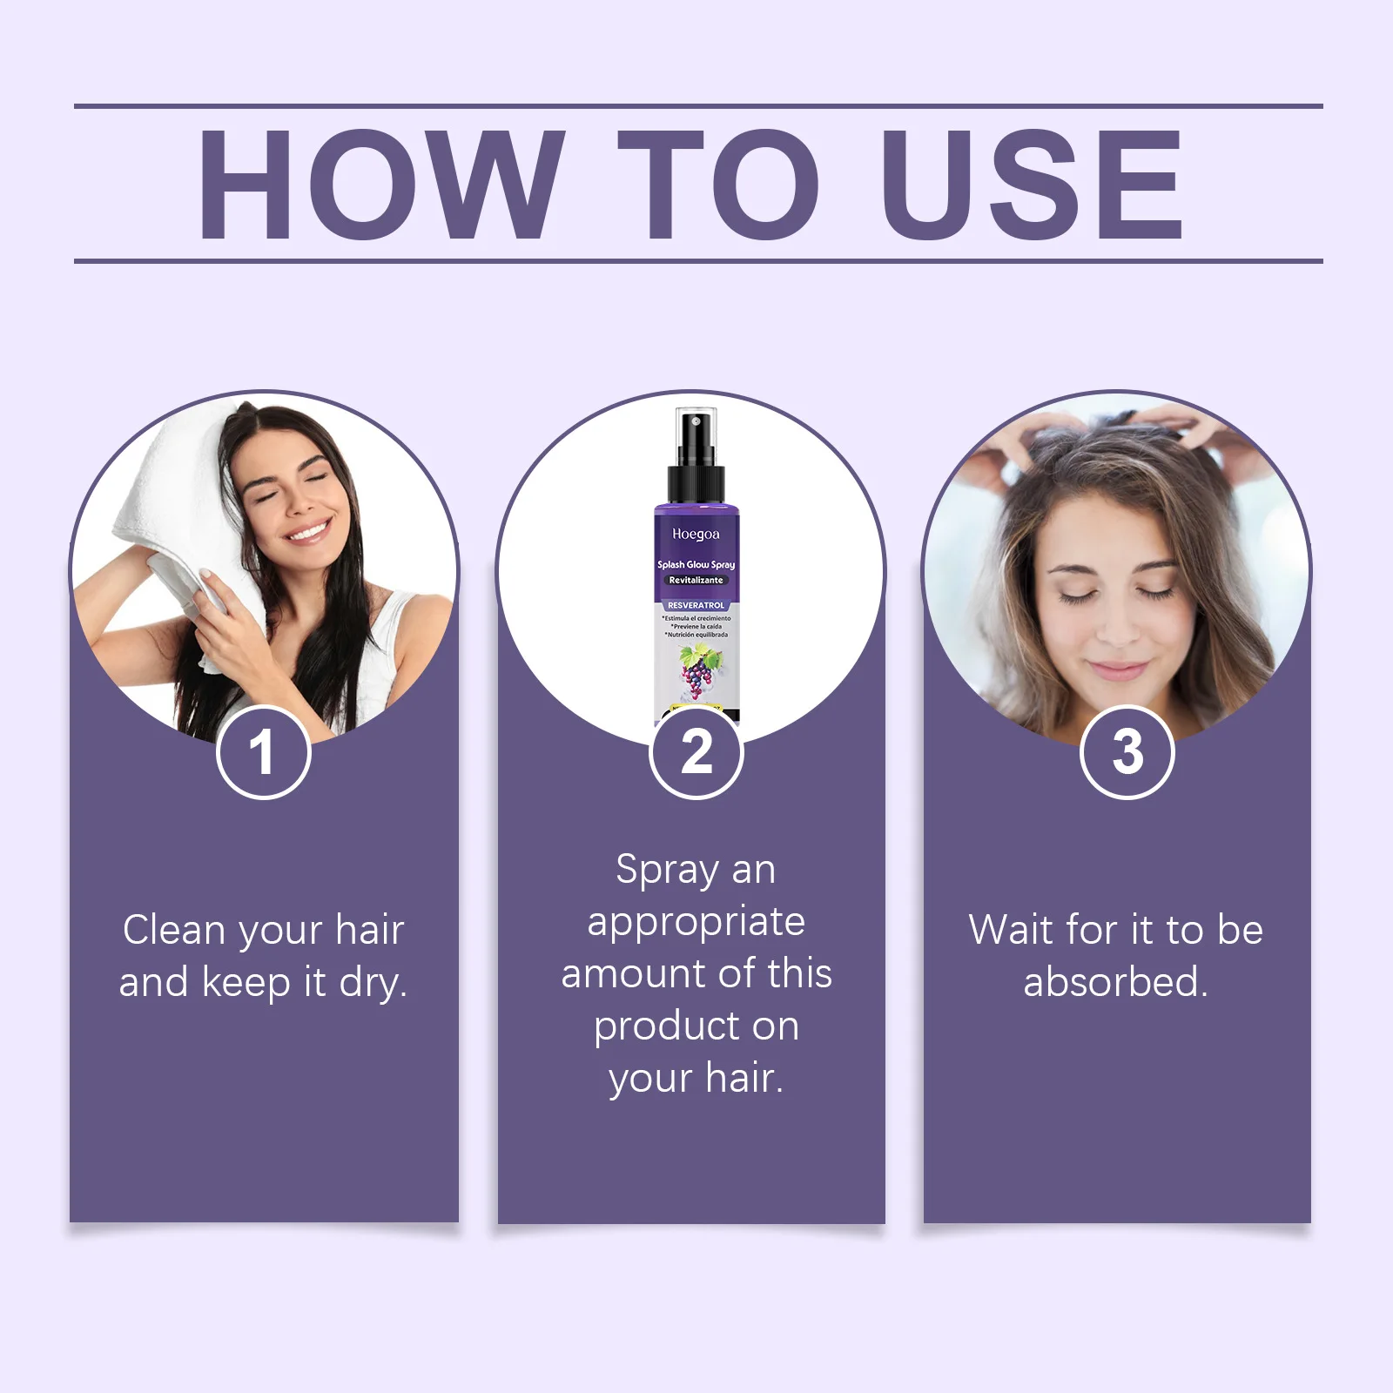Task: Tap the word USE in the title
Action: (1032, 185)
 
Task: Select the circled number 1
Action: (263, 752)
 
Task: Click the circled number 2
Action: (696, 752)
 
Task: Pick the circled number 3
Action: (1127, 752)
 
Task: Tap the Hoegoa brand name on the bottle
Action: (696, 534)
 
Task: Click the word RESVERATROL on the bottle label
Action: (696, 605)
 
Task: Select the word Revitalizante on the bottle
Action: (696, 580)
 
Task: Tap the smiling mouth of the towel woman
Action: (309, 529)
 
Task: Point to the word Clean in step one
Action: (174, 930)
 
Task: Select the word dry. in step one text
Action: (373, 983)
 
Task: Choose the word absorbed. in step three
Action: (1115, 982)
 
